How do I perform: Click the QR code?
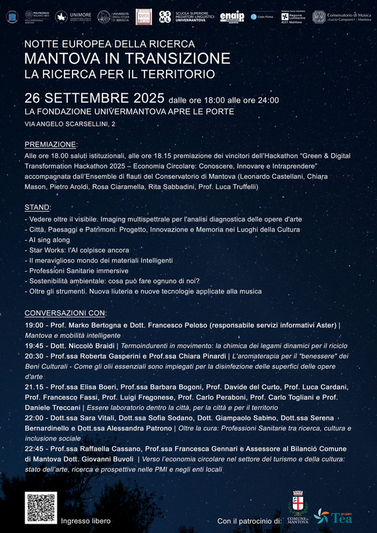pos(41,508)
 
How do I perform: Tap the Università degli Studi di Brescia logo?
pos(111,17)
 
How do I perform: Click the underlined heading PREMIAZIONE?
pos(51,144)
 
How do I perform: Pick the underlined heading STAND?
pos(37,207)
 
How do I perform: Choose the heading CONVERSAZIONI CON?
pos(65,312)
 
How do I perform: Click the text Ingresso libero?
pos(85,520)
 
